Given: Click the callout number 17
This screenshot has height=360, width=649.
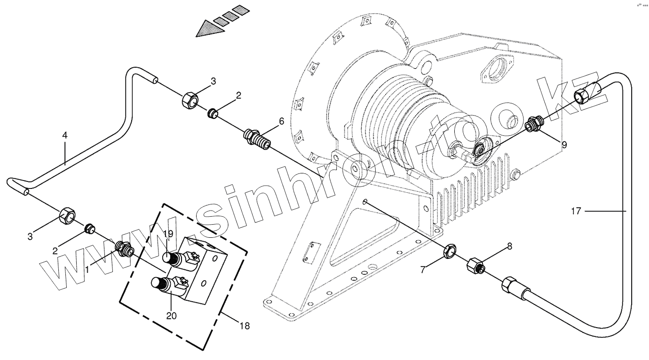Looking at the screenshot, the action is pos(576,211).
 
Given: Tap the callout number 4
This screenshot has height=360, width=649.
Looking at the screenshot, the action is pos(65,135).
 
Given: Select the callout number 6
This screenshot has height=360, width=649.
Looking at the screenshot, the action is pos(281,121).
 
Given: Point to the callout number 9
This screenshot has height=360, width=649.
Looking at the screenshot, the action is pos(564,145).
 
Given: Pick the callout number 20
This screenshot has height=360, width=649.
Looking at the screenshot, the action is pos(171,315).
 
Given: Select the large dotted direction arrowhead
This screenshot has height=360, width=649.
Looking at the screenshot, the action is pos(207,29).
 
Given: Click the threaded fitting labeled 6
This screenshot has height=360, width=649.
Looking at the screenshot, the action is pos(256,139).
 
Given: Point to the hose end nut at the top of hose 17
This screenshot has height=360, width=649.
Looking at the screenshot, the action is pos(584,95).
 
